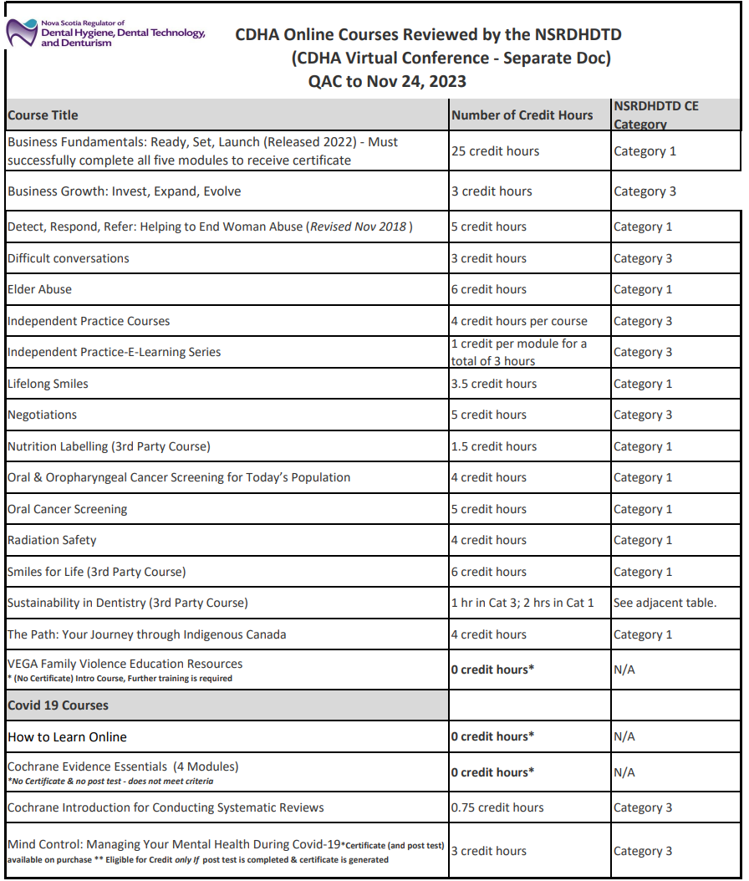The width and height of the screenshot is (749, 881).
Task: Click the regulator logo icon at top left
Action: coord(22,33)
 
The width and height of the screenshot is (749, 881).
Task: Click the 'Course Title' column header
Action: coord(43,115)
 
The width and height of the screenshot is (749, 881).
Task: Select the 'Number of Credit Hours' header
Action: coord(522,115)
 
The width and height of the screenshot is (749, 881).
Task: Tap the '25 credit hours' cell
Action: coord(495,151)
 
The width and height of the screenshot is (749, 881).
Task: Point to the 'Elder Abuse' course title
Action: coord(40,290)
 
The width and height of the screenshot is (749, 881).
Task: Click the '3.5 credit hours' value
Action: coord(493,384)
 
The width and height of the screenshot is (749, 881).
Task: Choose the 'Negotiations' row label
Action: coord(42,415)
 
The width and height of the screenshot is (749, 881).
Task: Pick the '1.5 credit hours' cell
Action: coord(493,446)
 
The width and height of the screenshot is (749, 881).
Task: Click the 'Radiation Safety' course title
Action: coord(52,541)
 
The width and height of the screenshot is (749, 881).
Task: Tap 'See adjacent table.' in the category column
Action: coord(665,603)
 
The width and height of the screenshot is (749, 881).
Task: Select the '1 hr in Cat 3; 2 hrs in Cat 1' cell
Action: coord(522,603)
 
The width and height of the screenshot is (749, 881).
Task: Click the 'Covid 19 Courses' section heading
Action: coord(59,705)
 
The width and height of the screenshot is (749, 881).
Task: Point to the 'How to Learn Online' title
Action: coord(68,737)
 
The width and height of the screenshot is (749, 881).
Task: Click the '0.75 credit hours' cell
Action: coord(497,808)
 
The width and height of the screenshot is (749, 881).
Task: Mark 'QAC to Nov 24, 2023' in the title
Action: coord(387,81)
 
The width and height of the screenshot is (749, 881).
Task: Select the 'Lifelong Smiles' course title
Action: coord(48,384)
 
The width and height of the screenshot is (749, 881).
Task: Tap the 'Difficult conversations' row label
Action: coord(69,258)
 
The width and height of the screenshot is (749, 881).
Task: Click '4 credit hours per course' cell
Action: coord(519,321)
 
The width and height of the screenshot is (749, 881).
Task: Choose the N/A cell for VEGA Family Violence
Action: coord(624,670)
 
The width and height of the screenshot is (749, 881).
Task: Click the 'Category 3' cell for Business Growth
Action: coord(645,191)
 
